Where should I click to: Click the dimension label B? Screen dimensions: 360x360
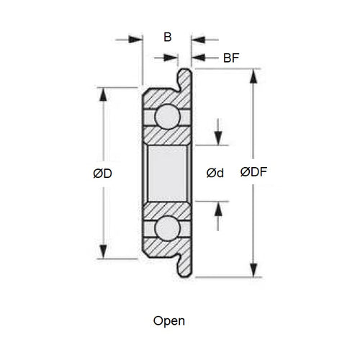167,37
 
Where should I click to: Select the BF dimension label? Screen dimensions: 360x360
232,58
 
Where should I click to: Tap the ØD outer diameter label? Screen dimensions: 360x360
102,173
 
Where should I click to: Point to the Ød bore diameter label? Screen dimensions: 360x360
215,173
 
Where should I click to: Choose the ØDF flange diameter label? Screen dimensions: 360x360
253,173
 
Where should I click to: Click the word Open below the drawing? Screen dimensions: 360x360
169,320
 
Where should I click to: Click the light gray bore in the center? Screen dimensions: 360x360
168,172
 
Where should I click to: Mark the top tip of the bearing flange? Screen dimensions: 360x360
186,72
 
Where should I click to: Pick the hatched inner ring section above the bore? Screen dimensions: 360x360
168,135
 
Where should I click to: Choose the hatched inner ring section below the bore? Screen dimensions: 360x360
168,209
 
